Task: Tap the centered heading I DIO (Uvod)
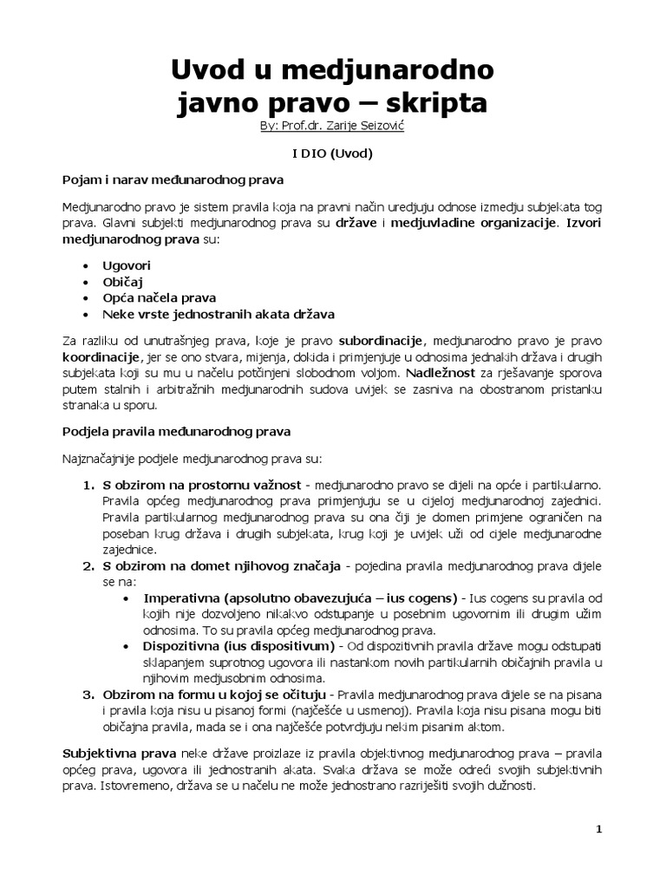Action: pos(332,153)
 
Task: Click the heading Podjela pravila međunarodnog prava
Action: pos(177,430)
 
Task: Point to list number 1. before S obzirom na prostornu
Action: pos(88,486)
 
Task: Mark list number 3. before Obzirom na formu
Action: pos(88,695)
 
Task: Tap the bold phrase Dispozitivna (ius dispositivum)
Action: pos(238,647)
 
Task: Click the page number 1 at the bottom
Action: pos(598,829)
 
